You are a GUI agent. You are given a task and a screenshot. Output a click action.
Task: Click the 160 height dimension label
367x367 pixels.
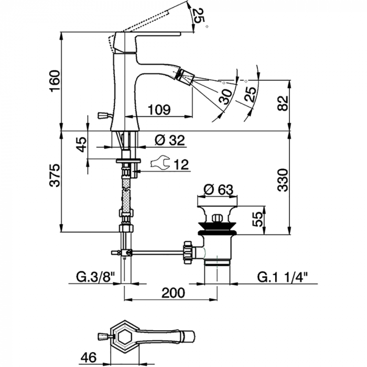pos(55,81)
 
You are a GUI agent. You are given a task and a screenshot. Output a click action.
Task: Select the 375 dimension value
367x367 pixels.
pos(55,175)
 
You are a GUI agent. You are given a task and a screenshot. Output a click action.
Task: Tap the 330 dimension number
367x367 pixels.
pos(283,180)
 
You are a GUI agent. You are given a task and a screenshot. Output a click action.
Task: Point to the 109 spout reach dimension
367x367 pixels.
pos(159,109)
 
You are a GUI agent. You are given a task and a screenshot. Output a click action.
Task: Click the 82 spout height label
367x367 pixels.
pos(283,103)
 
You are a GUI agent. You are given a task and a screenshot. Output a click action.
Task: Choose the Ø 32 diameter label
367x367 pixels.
pos(170,140)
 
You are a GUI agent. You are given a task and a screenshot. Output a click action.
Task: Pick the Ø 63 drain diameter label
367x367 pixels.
pos(218,190)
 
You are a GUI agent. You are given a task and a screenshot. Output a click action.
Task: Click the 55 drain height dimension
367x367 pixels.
pos(258,219)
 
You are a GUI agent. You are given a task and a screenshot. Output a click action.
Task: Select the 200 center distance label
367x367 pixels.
pos(174,293)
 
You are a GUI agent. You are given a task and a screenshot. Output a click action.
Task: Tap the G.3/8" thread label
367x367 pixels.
pos(95,278)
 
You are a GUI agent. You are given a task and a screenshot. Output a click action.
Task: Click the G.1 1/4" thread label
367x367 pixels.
pos(282,278)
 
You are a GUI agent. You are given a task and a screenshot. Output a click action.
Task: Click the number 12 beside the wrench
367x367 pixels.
pos(181,165)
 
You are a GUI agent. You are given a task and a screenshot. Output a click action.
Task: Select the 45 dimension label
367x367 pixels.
pos(82,144)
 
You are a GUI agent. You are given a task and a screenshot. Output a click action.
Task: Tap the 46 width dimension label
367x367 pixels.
pos(89,358)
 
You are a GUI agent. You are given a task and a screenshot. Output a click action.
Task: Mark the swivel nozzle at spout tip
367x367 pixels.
pos(185,76)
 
